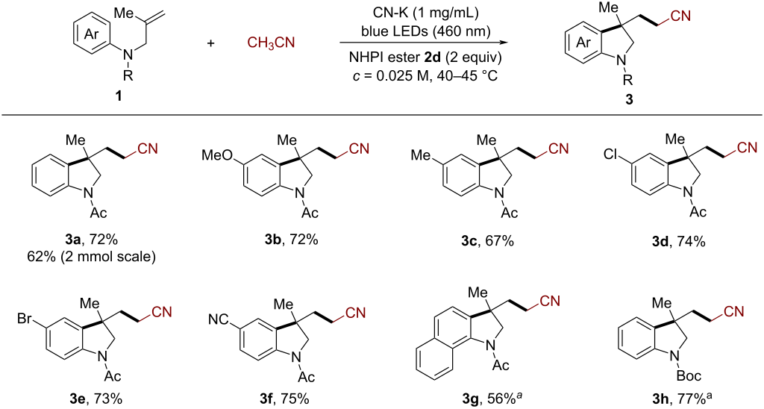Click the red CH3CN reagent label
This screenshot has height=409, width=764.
(x=271, y=43)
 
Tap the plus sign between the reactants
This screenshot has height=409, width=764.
(x=210, y=43)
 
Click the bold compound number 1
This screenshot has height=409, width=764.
(x=119, y=96)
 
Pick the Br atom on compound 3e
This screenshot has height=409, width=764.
(x=25, y=319)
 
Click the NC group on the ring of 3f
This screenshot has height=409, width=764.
(x=218, y=319)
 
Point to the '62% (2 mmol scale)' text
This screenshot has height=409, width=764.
(x=93, y=256)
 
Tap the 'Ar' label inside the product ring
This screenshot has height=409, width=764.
(x=583, y=43)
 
